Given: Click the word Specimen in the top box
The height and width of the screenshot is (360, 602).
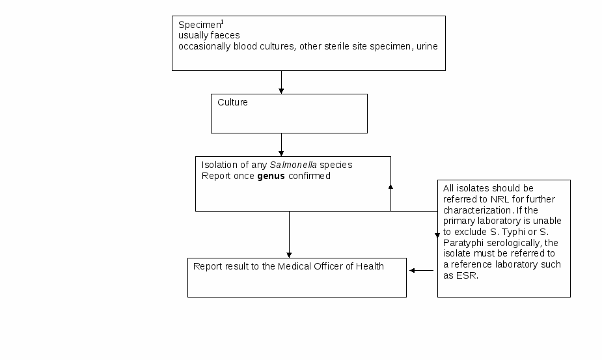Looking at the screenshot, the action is pos(200,25).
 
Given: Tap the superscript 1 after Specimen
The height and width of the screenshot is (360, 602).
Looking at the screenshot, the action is pos(223,22).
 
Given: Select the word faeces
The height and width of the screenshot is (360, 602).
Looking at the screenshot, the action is pos(225,35).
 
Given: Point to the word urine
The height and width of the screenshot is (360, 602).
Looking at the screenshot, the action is pos(427,46).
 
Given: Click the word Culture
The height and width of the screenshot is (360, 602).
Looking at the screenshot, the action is pos(232,102).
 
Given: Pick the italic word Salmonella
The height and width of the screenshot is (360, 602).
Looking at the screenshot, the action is pos(294,165).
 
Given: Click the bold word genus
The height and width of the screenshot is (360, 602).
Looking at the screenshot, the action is pos(271,176).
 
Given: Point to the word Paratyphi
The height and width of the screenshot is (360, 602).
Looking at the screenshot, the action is pos(463,243).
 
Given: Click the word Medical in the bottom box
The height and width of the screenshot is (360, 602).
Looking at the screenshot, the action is pos(294,266).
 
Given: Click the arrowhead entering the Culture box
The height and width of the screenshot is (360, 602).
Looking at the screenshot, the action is pos(281,91).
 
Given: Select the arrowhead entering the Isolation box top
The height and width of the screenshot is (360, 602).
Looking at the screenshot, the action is pos(281,154).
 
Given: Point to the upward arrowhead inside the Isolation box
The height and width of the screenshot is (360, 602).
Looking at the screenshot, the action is pos(391,187).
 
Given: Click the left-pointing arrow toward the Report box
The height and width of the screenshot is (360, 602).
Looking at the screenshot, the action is pos(422,270).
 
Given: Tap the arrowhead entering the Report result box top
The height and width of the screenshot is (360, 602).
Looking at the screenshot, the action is pos(289,255).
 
